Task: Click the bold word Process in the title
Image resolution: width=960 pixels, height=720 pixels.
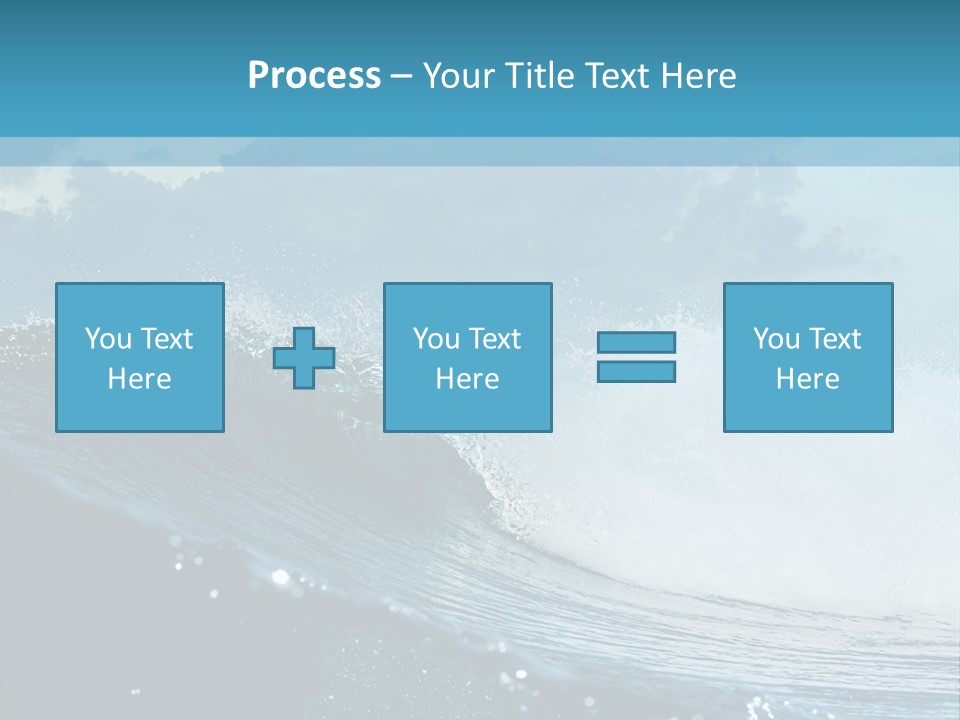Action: point(314,76)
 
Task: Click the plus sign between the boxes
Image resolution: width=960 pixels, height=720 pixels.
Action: point(304,357)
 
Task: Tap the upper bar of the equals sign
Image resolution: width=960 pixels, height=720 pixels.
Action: point(636,342)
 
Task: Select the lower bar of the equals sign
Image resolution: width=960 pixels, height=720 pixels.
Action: point(636,371)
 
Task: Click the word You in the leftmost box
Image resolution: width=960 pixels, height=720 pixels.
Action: point(108,339)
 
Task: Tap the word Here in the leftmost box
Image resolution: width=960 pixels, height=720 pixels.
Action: point(139,379)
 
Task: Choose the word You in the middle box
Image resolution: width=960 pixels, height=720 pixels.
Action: point(436,339)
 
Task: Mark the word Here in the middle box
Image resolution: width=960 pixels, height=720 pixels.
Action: point(467,379)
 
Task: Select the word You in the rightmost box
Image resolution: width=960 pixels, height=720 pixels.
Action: point(776,339)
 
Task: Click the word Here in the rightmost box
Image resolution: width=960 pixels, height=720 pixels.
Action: point(807,379)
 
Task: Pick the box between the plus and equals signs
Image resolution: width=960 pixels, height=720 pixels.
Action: point(467,410)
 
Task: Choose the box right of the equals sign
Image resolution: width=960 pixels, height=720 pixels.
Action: point(807,410)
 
